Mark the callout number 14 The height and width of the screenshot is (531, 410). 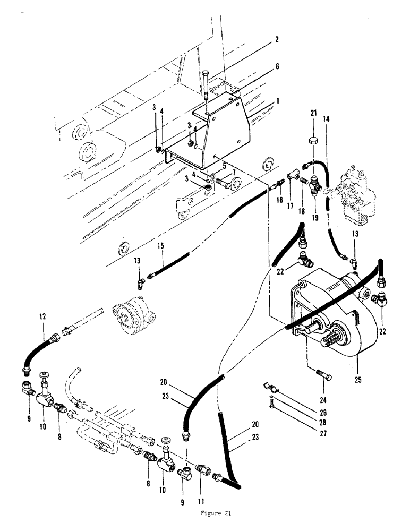coord(325,120)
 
